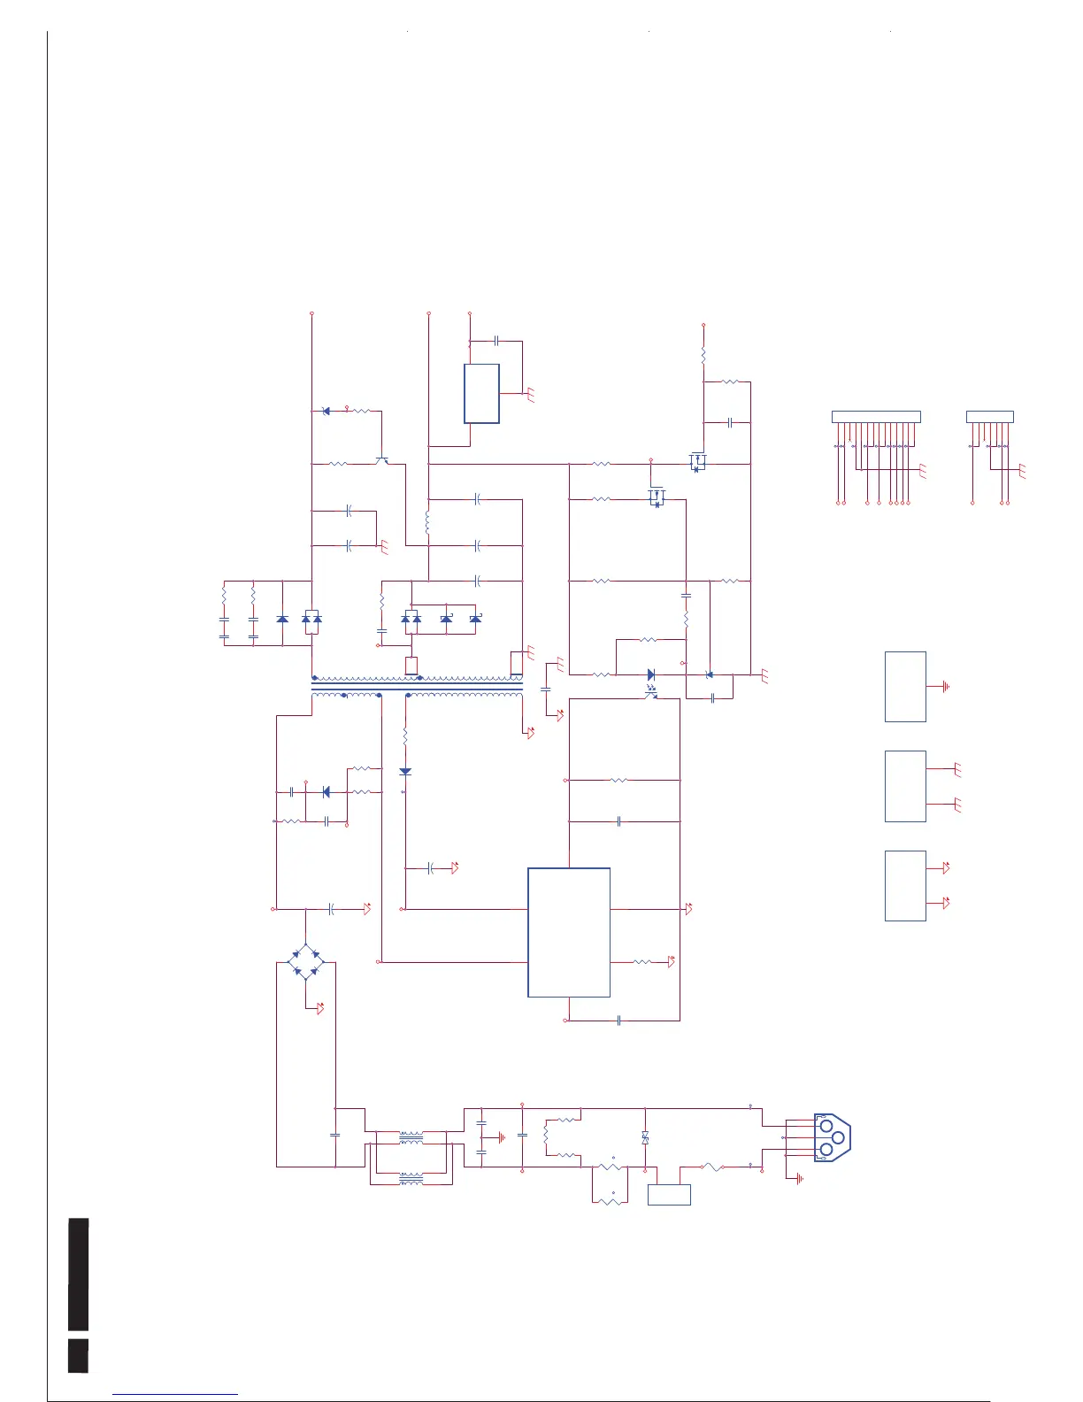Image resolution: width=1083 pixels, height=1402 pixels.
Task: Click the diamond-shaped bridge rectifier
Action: pyautogui.click(x=305, y=961)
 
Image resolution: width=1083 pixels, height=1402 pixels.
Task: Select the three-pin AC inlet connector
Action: pyautogui.click(x=831, y=1137)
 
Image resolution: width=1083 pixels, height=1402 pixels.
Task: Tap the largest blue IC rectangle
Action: pyautogui.click(x=568, y=932)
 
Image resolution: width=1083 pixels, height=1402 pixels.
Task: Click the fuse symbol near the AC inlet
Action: pyautogui.click(x=713, y=1167)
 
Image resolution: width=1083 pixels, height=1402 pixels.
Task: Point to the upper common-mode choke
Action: pyautogui.click(x=411, y=1136)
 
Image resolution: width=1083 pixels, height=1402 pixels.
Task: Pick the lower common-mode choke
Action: pyautogui.click(x=411, y=1178)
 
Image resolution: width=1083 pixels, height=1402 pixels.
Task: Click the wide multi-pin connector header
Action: pyautogui.click(x=876, y=417)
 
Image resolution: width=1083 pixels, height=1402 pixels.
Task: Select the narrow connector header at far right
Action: pyautogui.click(x=989, y=417)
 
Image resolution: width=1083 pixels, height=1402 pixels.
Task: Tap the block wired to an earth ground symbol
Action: pyautogui.click(x=905, y=687)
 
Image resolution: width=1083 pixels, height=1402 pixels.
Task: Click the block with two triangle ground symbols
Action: pyautogui.click(x=905, y=885)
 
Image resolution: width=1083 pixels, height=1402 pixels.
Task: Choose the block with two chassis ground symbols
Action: pyautogui.click(x=905, y=786)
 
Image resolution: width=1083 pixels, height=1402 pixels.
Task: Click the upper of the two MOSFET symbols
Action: pyautogui.click(x=697, y=462)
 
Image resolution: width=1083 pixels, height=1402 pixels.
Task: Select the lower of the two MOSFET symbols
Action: pyautogui.click(x=656, y=498)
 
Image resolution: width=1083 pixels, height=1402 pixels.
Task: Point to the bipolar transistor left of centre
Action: pyautogui.click(x=381, y=460)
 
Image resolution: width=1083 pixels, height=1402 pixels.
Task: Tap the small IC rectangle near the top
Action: pyautogui.click(x=481, y=393)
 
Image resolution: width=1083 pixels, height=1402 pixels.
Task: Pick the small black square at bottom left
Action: pyautogui.click(x=78, y=1355)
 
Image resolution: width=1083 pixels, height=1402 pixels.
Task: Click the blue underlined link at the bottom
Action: pyautogui.click(x=175, y=1394)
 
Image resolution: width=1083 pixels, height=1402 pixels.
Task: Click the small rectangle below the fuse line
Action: pyautogui.click(x=669, y=1195)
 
